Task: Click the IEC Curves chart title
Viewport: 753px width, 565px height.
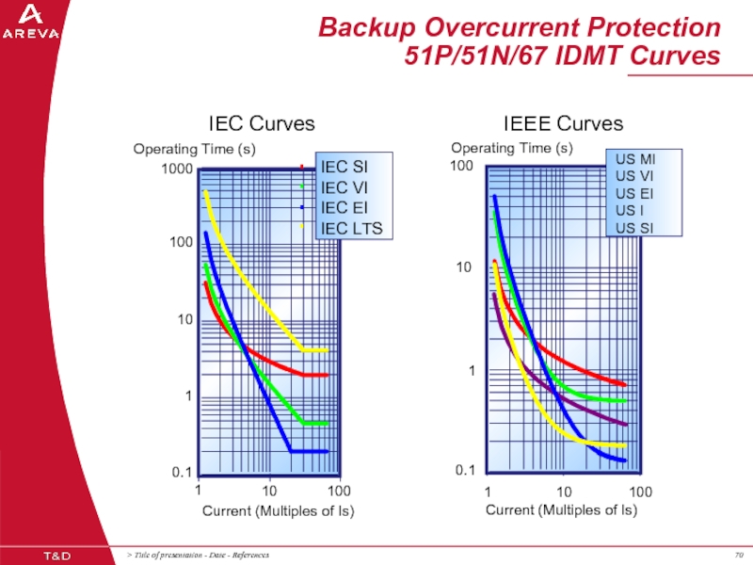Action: tap(262, 124)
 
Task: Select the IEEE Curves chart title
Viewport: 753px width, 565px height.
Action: tap(563, 124)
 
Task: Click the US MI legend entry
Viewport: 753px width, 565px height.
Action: tap(633, 159)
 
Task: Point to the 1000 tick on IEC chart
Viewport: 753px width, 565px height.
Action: tap(176, 169)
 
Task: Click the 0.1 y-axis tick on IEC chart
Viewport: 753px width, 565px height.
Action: tap(182, 472)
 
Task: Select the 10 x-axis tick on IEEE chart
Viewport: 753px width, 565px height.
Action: tap(564, 492)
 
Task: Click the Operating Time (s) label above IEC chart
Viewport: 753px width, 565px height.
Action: tap(194, 149)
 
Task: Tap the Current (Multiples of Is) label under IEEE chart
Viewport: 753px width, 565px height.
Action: tap(561, 510)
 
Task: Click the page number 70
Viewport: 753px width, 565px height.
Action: tap(739, 554)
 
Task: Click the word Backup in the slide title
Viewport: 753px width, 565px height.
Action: tap(363, 27)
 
